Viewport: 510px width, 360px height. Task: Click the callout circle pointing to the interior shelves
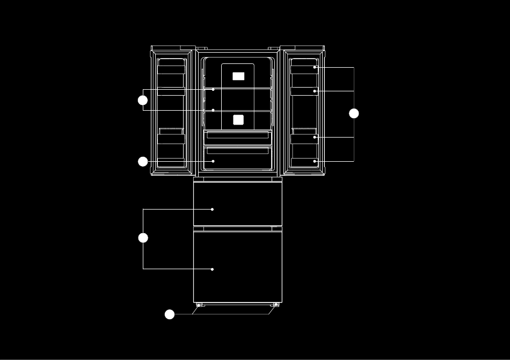pos(143,100)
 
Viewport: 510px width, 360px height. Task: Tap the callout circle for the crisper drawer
pos(143,161)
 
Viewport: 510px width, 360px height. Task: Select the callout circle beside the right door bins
pos(354,113)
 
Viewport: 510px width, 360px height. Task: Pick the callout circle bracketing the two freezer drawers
pos(143,238)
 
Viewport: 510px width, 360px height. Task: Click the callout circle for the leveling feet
pos(170,314)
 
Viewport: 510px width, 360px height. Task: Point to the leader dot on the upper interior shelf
pos(213,90)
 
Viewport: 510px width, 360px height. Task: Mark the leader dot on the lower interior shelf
pos(213,110)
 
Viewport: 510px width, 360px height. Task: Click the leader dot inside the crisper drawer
pos(213,161)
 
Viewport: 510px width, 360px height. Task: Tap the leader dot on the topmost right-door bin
pos(315,67)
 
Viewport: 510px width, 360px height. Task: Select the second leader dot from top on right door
pos(315,91)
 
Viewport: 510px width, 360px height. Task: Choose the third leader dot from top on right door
pos(315,137)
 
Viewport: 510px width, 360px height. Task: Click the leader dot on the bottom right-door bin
pos(315,161)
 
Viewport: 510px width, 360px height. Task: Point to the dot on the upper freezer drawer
pos(213,209)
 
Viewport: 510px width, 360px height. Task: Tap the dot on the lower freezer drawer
pos(213,269)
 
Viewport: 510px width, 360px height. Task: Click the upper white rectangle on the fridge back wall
pos(238,76)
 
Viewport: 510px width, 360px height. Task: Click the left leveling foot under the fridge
pos(199,305)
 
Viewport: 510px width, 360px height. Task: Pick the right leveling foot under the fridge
pos(276,305)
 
